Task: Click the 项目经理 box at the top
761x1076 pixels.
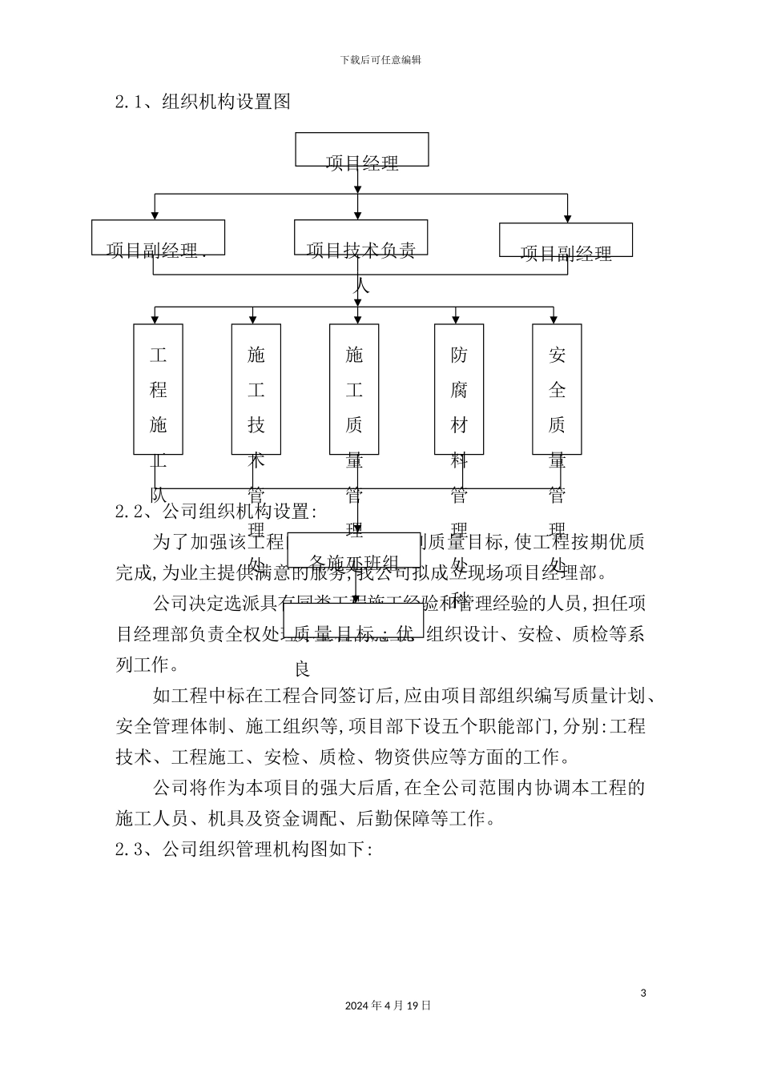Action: [361, 150]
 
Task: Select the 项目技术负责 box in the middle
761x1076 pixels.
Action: [360, 238]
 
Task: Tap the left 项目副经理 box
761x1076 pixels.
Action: [158, 238]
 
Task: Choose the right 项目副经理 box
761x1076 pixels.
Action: [566, 240]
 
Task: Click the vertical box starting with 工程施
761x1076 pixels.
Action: [158, 389]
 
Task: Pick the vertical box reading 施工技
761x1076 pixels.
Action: [256, 389]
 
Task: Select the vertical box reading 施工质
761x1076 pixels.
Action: [354, 389]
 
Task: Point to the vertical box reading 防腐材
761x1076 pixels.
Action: [459, 389]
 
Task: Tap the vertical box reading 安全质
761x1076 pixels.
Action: [557, 389]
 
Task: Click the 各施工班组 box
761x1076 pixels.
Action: [353, 550]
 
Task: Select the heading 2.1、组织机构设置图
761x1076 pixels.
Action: [203, 102]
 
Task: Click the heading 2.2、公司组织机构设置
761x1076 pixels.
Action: [216, 512]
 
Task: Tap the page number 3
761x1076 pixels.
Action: [643, 994]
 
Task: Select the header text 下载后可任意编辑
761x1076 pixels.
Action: [380, 59]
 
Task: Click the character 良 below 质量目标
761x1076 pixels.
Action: [303, 668]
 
